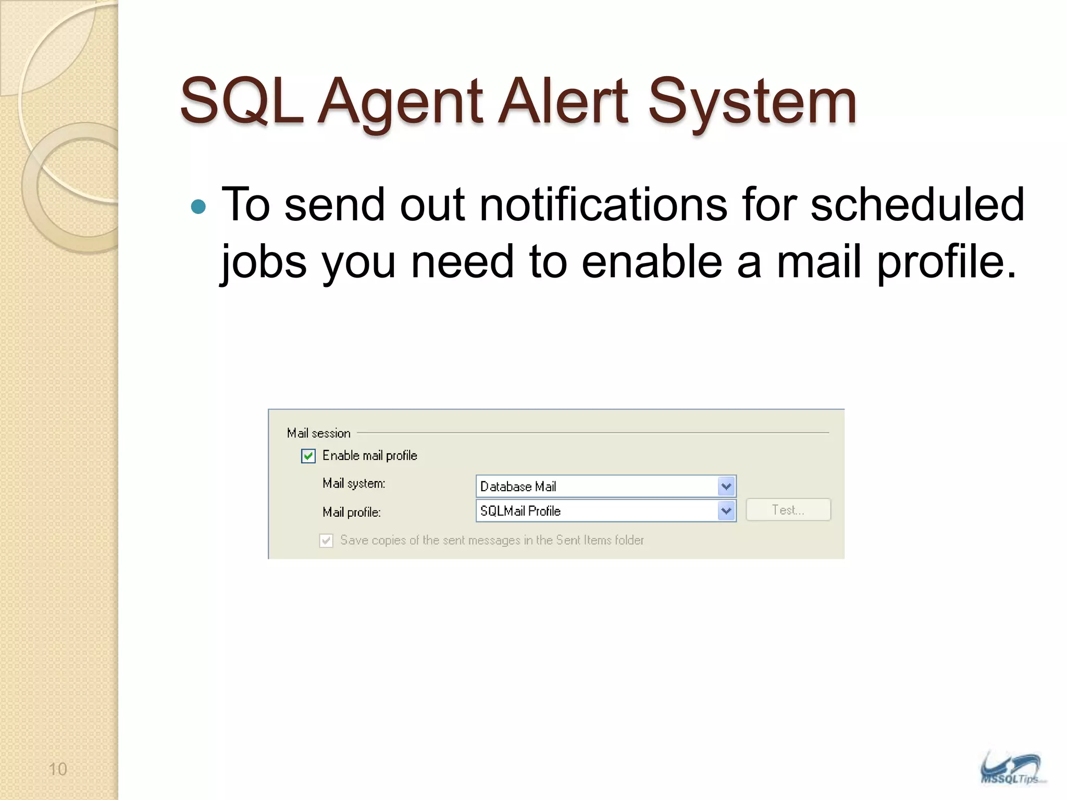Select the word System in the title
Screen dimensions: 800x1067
pos(752,102)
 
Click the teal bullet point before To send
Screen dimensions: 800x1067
pos(198,207)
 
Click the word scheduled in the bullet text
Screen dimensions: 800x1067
pos(917,205)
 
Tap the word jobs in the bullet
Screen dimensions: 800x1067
pos(264,262)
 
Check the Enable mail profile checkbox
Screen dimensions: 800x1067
pos(308,456)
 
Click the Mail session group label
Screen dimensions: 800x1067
pos(318,433)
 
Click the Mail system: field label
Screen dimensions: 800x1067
pos(354,483)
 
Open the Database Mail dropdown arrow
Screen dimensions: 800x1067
pos(726,486)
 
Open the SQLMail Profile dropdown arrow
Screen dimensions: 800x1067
pos(726,511)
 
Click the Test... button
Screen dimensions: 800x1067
pos(788,510)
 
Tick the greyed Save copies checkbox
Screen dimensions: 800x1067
pos(326,541)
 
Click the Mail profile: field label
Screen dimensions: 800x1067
pos(352,512)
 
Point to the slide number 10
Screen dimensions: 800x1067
pos(57,769)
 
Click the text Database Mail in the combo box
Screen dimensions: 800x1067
pos(518,486)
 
